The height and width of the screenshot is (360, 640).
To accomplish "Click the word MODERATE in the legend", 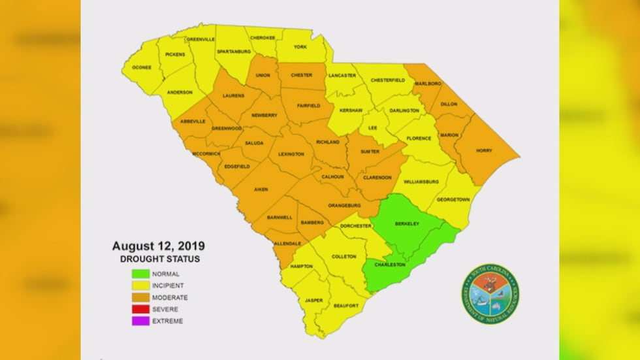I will [x=171, y=298].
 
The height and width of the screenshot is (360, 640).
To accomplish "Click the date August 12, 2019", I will [x=159, y=246].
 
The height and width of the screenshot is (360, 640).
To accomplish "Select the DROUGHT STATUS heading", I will [x=159, y=260].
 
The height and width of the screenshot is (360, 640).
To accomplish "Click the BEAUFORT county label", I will [x=344, y=306].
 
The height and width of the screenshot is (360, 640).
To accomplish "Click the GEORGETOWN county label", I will [x=453, y=199].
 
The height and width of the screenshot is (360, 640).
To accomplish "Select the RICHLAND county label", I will [x=327, y=142].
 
